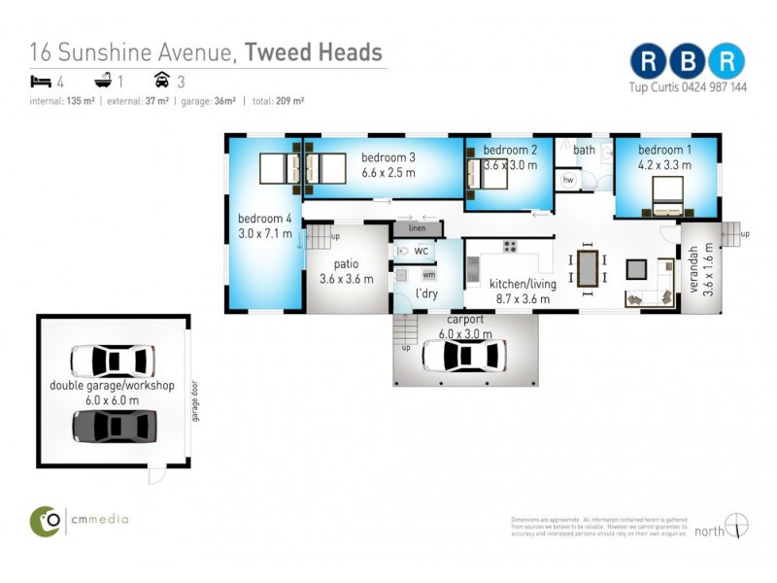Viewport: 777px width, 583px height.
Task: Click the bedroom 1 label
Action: tap(665, 150)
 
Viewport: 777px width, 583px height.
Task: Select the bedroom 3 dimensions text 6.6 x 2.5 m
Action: tap(388, 172)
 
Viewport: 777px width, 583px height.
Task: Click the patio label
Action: tap(347, 264)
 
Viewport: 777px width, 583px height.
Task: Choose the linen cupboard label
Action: tap(418, 228)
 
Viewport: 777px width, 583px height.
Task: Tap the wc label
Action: tap(421, 251)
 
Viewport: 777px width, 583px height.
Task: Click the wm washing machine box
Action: tap(428, 275)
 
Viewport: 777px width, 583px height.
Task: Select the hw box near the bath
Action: tap(568, 180)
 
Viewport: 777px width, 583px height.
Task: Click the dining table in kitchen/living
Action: tap(588, 270)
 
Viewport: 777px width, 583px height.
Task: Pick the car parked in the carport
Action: tap(463, 356)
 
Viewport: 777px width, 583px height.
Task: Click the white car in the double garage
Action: tap(113, 360)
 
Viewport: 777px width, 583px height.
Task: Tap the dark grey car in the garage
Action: tap(114, 425)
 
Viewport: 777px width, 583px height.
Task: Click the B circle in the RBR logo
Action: tap(688, 60)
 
